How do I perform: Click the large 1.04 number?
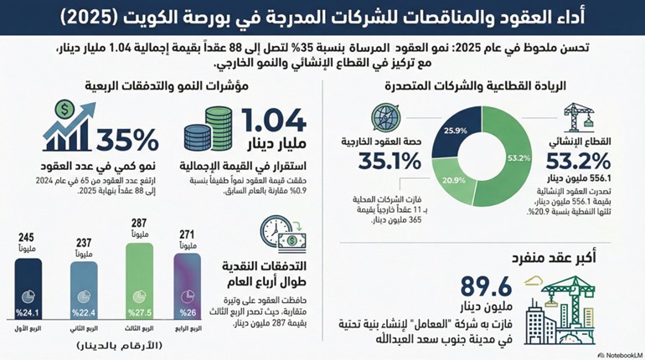tap(273, 123)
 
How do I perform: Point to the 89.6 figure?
tap(485, 286)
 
